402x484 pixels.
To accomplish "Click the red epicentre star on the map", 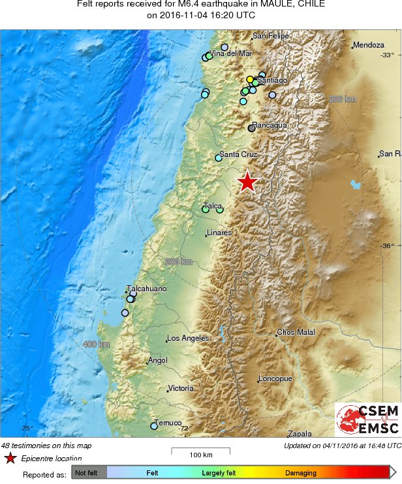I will [247, 182].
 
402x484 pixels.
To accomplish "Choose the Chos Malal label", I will [296, 332].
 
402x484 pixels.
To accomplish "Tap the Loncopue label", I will [275, 378].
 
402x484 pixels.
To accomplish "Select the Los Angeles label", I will [188, 338].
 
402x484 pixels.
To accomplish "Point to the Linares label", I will [219, 233].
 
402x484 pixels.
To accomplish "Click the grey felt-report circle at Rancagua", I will [252, 128].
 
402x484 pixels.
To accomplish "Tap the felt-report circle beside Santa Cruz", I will [219, 158].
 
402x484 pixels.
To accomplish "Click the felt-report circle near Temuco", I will [154, 426].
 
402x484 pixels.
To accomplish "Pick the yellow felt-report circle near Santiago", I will [250, 79].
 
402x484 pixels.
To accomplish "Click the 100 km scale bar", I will [200, 449].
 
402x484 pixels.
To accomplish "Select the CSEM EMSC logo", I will [367, 420].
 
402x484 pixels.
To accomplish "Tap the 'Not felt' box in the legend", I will [88, 473].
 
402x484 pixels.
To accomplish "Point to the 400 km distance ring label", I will [95, 344].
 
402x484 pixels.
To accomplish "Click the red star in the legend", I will [10, 459].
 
